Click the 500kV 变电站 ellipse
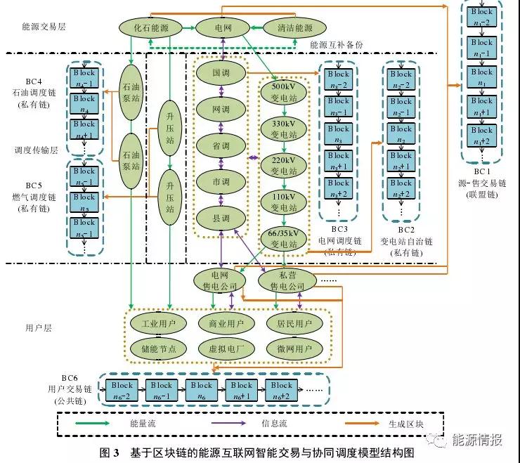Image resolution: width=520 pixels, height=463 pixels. [284, 92]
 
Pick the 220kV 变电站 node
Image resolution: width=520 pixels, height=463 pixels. [284, 165]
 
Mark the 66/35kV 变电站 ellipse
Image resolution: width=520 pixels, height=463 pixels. [284, 239]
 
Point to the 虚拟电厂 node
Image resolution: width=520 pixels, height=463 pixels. [226, 348]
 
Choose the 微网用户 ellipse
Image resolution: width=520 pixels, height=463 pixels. [294, 348]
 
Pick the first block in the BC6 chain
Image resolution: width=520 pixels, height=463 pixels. [121, 390]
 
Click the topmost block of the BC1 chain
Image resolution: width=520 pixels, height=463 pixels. [481, 15]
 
